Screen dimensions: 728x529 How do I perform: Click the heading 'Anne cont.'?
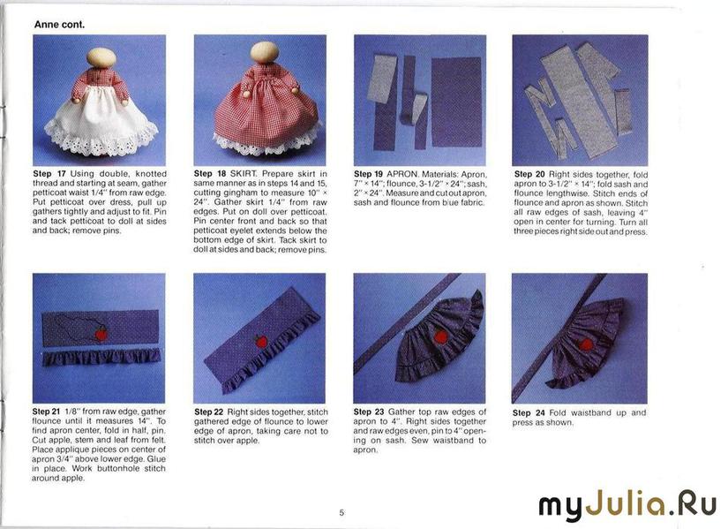(59, 25)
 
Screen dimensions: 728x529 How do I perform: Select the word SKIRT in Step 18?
(244, 173)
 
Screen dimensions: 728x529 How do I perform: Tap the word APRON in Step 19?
(402, 174)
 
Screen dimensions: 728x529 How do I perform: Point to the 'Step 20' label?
(529, 174)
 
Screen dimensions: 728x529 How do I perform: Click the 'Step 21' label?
(47, 412)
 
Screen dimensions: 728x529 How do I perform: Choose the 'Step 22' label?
(209, 412)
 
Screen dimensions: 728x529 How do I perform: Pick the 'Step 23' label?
(369, 412)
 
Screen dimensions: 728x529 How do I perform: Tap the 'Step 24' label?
(529, 412)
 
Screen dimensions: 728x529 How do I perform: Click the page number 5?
(341, 513)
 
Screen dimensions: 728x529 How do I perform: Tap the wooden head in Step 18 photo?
(265, 52)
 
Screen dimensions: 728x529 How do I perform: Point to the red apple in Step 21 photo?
(101, 333)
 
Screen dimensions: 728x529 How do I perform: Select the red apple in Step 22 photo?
(261, 342)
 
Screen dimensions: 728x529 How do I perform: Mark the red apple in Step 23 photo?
(440, 336)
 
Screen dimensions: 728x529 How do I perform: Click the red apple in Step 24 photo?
(587, 344)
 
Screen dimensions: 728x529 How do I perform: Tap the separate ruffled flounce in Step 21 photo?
(101, 358)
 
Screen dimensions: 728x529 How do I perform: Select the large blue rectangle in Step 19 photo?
(456, 102)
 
